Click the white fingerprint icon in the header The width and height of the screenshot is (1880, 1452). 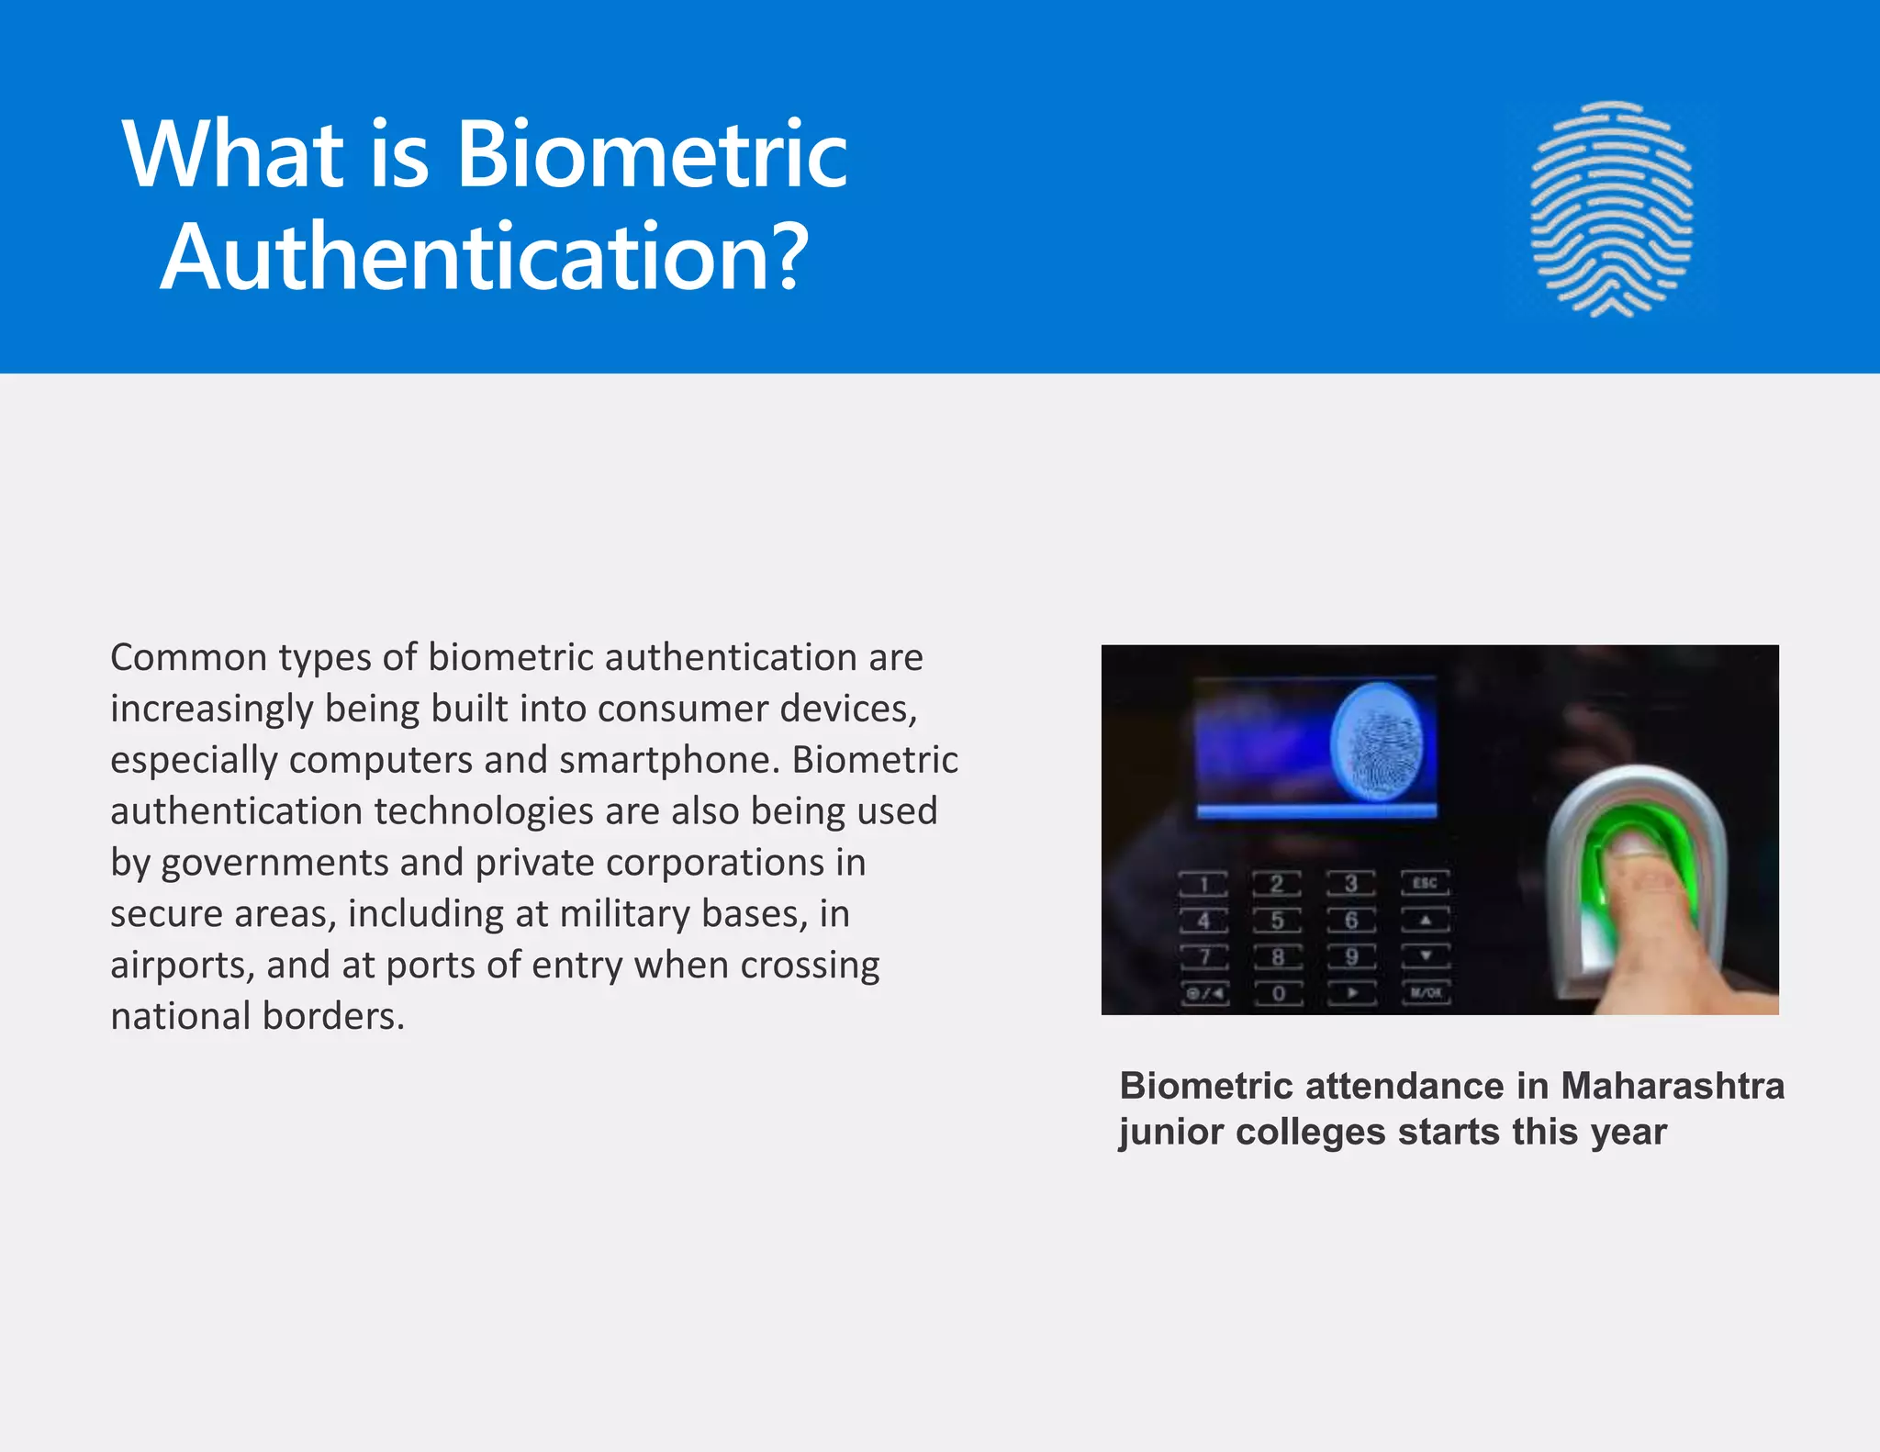click(1611, 209)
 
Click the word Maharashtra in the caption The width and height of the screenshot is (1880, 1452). click(1673, 1086)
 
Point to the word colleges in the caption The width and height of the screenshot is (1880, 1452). click(1310, 1132)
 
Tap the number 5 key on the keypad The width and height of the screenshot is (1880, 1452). click(1277, 921)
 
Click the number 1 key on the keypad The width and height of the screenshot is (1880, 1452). click(1203, 885)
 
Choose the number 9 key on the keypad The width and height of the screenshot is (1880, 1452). click(1351, 957)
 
